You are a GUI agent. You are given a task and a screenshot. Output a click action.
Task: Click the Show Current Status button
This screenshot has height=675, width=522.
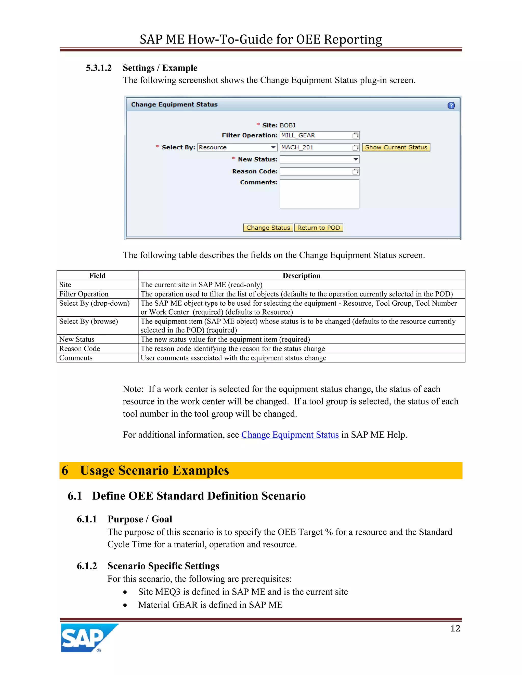(x=396, y=147)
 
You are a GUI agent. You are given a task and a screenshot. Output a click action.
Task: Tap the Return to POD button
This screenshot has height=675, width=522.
(x=319, y=228)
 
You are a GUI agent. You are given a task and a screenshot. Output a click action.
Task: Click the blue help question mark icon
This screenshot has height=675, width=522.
(x=451, y=106)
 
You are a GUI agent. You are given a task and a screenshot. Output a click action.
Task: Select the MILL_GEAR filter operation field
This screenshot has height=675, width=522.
(x=316, y=135)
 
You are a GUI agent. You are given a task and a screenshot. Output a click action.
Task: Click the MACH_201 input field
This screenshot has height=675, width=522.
(x=316, y=147)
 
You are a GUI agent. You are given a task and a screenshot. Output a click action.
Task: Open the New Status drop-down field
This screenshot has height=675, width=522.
(x=319, y=159)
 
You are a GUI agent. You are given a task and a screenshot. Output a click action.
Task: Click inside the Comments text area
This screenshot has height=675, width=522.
(x=319, y=194)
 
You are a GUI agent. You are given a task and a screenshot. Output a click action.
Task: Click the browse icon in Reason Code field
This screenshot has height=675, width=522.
(x=355, y=171)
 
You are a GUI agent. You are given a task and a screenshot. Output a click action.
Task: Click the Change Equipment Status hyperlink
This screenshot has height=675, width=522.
(x=290, y=435)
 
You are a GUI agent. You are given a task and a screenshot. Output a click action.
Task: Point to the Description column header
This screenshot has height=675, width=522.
(x=301, y=276)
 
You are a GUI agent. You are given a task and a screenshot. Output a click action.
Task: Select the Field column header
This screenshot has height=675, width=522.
(x=97, y=276)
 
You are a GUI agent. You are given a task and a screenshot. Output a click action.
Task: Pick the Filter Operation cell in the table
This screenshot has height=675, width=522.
(x=84, y=294)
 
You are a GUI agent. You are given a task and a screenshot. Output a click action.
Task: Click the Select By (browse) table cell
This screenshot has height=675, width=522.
(x=88, y=321)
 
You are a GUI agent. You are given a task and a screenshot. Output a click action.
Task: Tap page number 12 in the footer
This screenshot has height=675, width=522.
(x=455, y=628)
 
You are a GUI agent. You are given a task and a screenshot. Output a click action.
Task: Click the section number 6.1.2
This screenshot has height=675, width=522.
(x=87, y=566)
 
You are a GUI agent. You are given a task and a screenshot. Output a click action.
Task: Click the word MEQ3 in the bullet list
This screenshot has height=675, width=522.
(x=168, y=592)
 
